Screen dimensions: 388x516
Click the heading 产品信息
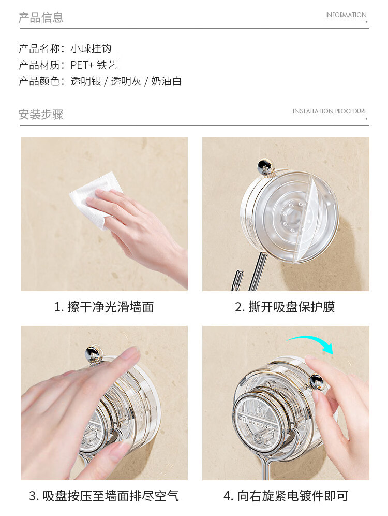coord(41,18)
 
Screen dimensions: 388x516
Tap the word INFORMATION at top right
coord(346,15)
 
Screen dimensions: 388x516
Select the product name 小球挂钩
coord(91,49)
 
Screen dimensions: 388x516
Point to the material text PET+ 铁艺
coord(94,65)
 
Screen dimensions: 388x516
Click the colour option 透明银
coord(86,81)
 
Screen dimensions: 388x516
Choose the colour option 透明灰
coord(126,81)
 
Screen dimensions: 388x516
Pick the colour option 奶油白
coord(166,81)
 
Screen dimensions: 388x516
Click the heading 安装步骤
coord(41,114)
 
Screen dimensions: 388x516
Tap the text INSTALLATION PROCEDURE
coord(330,111)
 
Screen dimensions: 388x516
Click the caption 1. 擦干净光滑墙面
coord(104,307)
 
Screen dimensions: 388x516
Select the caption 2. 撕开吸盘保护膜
coord(285,307)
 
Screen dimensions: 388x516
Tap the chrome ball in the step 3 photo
coord(94,353)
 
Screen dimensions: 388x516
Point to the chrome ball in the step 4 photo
coord(317,382)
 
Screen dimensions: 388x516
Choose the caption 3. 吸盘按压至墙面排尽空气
coord(104,496)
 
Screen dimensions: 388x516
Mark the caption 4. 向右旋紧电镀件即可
coord(286,496)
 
